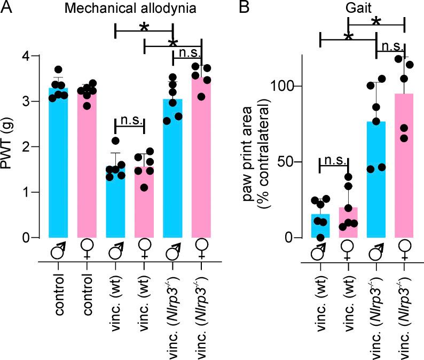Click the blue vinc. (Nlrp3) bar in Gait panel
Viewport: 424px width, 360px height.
coord(376,182)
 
